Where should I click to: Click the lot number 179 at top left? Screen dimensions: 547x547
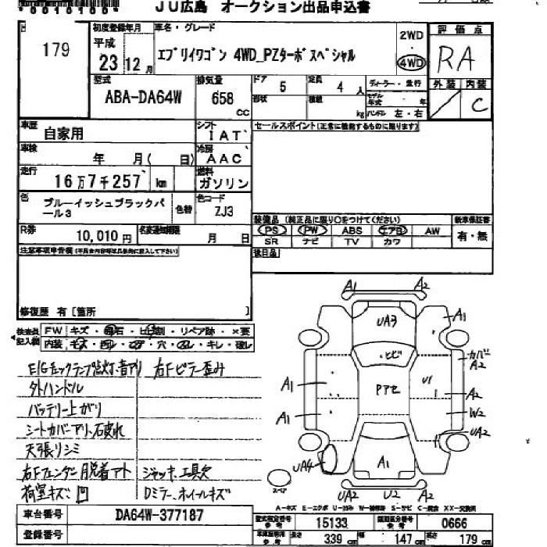click(55, 52)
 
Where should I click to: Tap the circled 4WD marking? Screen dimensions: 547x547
click(411, 63)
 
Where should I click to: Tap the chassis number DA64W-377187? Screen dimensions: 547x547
click(159, 515)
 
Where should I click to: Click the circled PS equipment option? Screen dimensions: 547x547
click(273, 231)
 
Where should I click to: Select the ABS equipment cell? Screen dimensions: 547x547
click(352, 231)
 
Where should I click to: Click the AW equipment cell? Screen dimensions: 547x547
click(431, 231)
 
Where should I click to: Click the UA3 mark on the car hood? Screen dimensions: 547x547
click(386, 321)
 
